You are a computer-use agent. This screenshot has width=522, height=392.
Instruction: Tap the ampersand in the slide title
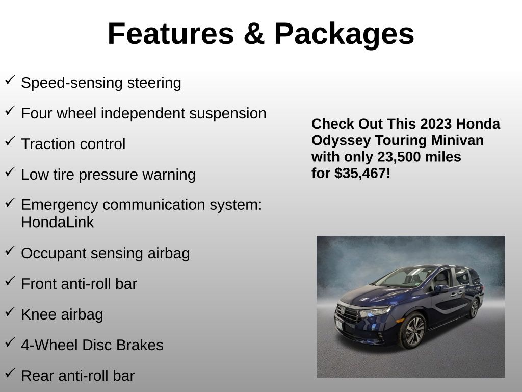click(x=254, y=34)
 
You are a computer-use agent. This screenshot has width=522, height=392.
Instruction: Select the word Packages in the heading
click(x=344, y=35)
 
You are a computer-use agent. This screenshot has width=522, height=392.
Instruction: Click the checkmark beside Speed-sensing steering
click(x=10, y=80)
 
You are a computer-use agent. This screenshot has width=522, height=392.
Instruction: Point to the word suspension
click(x=228, y=114)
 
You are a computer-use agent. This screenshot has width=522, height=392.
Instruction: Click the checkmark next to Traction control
click(x=10, y=141)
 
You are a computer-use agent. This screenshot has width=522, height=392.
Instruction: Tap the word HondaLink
click(x=57, y=223)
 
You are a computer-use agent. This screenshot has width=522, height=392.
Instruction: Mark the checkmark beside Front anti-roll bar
click(x=10, y=281)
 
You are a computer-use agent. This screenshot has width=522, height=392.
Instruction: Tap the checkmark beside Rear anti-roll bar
click(x=10, y=373)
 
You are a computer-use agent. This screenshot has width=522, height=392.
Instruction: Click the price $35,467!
click(x=362, y=174)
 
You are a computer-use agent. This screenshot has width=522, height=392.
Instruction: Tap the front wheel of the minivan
click(x=413, y=331)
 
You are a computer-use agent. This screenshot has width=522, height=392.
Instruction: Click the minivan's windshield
click(x=404, y=277)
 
